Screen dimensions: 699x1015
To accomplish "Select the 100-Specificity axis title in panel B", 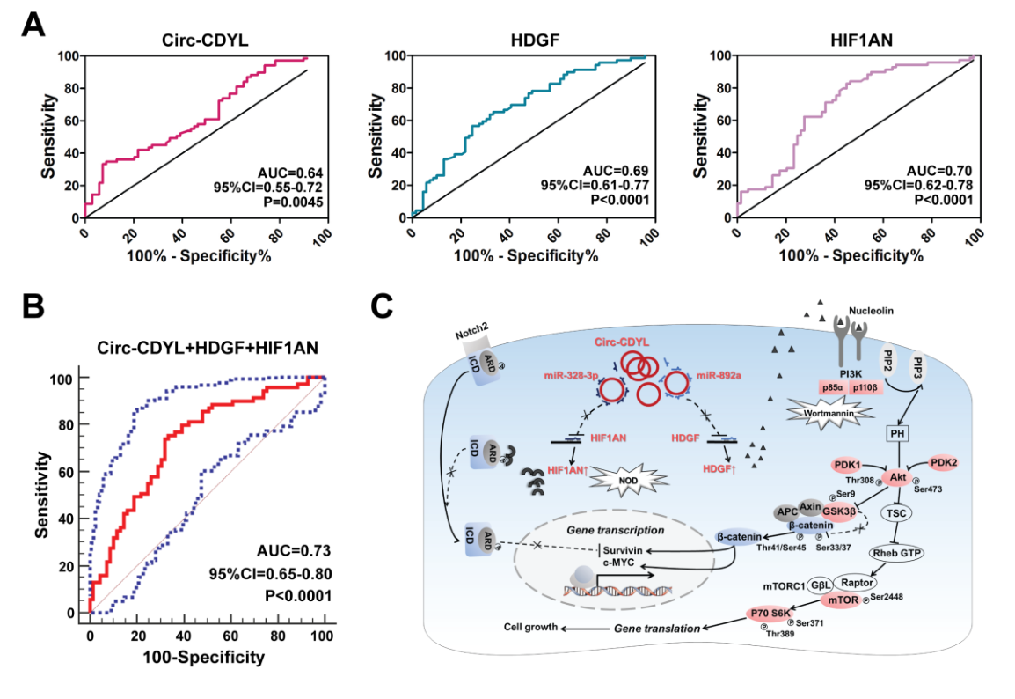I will point(207,657).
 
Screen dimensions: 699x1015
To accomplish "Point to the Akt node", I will point(897,476).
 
